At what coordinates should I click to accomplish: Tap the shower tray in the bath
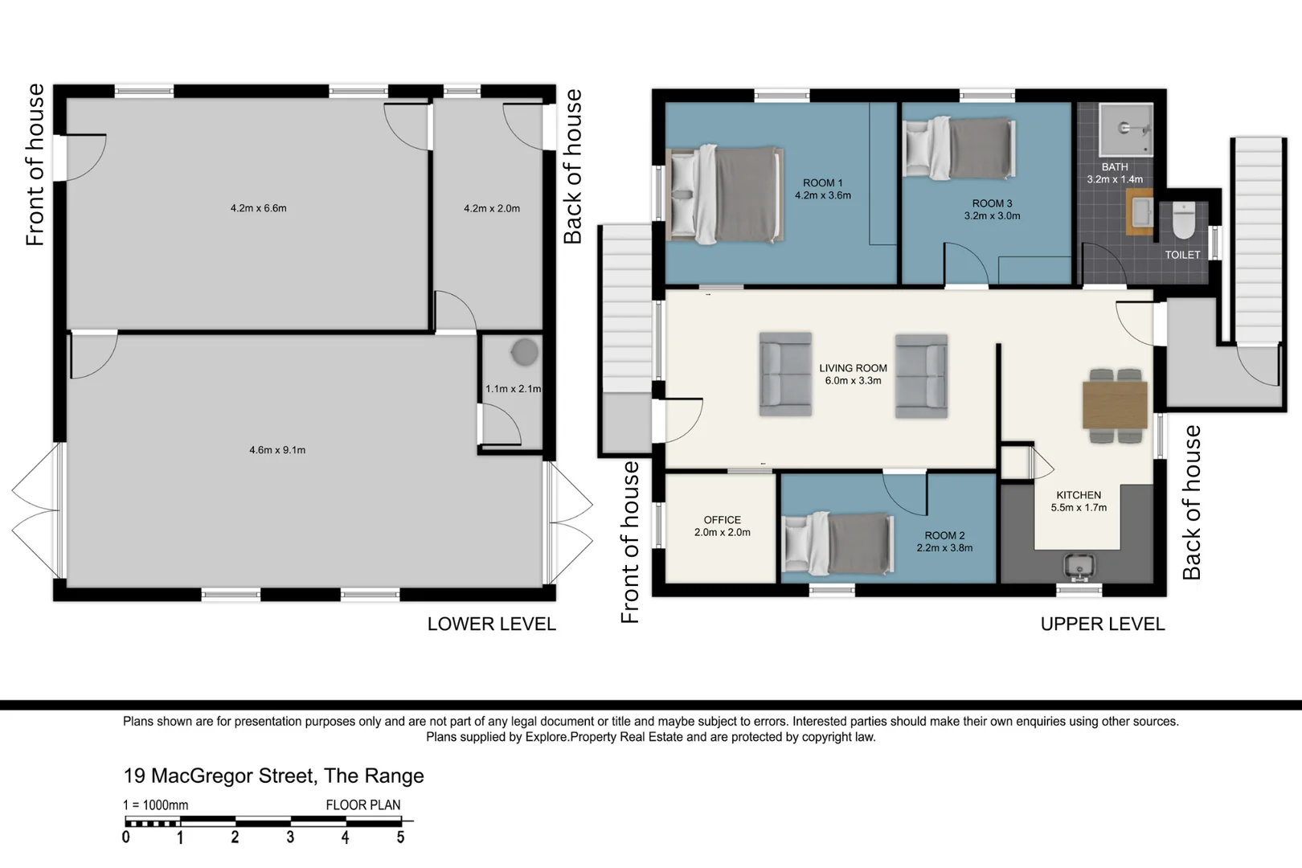tap(1126, 130)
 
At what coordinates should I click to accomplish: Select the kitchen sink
tap(1079, 566)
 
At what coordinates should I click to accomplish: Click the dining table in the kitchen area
tap(1115, 405)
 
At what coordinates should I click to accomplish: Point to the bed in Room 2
tap(837, 543)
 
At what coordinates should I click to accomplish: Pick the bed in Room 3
tap(960, 148)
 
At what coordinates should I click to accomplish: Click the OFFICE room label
tap(723, 520)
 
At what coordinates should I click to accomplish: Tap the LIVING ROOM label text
tap(854, 368)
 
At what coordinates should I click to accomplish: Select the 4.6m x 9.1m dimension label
tap(277, 449)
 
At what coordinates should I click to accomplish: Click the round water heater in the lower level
tap(524, 352)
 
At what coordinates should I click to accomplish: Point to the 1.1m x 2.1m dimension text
tap(514, 388)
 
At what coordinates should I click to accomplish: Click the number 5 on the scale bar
tap(400, 837)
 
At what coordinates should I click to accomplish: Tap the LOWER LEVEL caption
tap(492, 624)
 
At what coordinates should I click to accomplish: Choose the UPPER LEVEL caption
tap(1103, 624)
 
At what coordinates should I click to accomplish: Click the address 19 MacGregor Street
tap(219, 776)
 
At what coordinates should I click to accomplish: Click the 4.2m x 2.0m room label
tap(492, 208)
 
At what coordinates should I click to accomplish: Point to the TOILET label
tap(1182, 255)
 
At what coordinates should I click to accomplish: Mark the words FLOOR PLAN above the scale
tap(362, 805)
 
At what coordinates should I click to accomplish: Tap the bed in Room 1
tap(725, 194)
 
